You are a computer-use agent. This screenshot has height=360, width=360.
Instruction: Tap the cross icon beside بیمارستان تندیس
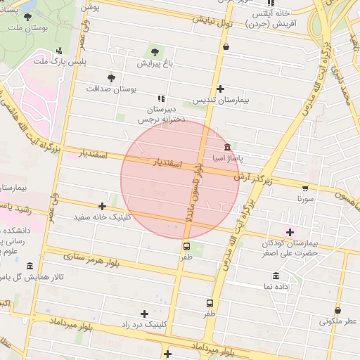coord(221,89)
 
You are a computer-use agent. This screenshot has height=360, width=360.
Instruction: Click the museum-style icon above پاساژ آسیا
coord(227,148)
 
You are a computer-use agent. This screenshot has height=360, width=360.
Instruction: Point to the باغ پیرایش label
coord(154,63)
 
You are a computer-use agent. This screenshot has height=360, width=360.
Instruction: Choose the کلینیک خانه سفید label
coord(103,217)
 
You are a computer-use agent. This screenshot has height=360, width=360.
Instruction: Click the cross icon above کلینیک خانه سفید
coord(103,206)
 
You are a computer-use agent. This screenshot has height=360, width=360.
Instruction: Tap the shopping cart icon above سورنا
coord(305,188)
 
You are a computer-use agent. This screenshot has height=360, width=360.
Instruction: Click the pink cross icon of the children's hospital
coord(289,231)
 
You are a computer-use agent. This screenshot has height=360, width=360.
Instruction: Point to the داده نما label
coord(276,287)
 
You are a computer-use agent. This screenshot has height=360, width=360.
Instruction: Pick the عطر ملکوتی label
coord(337,321)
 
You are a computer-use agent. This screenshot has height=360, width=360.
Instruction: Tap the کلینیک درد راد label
coord(144,325)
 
